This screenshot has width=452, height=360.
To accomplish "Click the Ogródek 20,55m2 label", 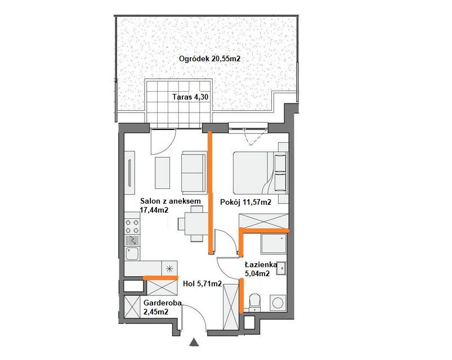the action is click(x=209, y=58).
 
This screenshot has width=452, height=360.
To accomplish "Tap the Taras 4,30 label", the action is click(x=190, y=97).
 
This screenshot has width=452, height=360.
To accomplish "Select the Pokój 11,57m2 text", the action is click(x=245, y=202).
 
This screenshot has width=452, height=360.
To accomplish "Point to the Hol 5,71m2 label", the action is click(x=203, y=284).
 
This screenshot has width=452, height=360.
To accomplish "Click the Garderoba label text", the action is click(x=163, y=303).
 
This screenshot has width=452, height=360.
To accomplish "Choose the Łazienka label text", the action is click(x=261, y=265).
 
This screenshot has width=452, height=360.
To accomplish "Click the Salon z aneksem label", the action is click(x=171, y=201).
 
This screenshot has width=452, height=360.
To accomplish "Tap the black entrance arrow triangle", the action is click(x=195, y=342).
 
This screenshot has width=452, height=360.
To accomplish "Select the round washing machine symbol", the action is click(x=278, y=303).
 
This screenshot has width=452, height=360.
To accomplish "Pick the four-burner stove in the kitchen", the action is click(x=132, y=226).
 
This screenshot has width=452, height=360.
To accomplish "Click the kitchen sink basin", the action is click(x=132, y=254).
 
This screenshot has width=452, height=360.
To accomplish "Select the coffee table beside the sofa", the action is click(x=162, y=173).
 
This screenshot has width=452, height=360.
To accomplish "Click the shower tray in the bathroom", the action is click(x=274, y=244).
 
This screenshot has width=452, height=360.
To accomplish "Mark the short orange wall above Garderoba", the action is click(x=160, y=278).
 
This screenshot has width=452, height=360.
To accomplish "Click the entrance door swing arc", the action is click(x=199, y=313).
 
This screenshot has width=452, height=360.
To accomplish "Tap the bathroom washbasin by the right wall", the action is click(x=281, y=268).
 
